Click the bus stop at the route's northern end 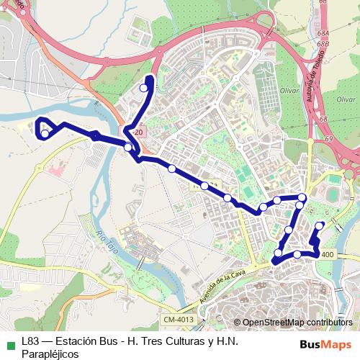tap(144, 88)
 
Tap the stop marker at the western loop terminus tap(45, 133)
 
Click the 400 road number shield tap(328, 254)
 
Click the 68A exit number tap(323, 34)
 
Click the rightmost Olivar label tap(346, 99)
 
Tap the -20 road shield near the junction tap(139, 133)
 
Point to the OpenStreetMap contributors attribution tap(297, 323)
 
